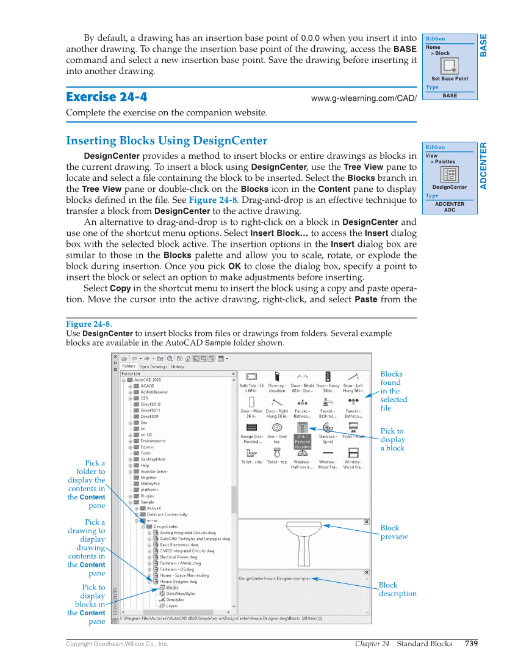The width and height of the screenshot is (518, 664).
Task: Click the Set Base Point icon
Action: [x=449, y=67]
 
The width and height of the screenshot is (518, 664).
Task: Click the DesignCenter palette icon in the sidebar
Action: [x=450, y=174]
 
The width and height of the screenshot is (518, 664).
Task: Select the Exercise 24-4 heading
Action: [x=106, y=97]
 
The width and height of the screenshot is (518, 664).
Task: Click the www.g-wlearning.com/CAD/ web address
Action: [x=364, y=98]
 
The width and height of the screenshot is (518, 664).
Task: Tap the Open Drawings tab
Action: [x=153, y=367]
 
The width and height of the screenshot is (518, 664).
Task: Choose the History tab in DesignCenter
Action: [x=178, y=367]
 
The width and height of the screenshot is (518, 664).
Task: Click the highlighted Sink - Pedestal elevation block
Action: [x=302, y=428]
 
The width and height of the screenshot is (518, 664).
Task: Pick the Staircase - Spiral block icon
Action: [x=328, y=428]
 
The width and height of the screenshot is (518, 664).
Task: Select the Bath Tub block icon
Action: [x=251, y=377]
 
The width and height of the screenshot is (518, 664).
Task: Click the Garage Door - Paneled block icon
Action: [x=251, y=428]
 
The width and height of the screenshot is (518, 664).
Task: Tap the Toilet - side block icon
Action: [x=251, y=453]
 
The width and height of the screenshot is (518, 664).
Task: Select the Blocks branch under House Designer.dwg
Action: [x=171, y=588]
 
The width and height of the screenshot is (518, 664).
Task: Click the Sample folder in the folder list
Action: [x=147, y=502]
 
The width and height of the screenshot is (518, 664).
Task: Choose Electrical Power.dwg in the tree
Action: [x=179, y=557]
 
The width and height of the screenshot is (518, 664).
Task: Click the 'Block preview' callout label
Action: [x=394, y=532]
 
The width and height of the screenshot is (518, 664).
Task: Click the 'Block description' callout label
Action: [x=397, y=589]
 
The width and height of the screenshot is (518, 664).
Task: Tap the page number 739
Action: [x=470, y=643]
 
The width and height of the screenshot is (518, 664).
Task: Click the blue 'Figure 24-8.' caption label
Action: [x=88, y=324]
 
